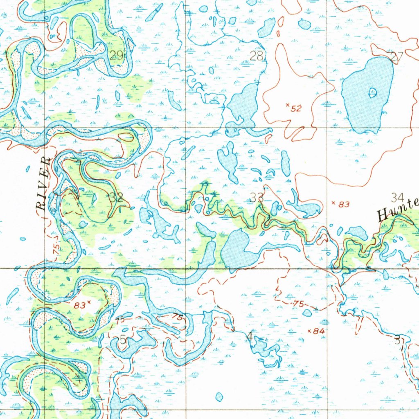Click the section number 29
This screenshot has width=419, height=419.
(117, 56)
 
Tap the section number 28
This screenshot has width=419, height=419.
(256, 56)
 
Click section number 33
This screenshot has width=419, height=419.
(257, 198)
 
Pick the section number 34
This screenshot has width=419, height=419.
(397, 198)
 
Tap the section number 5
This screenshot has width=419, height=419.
(123, 339)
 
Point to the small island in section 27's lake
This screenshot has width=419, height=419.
(372, 93)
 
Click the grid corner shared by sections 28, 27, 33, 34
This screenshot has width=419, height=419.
(327, 127)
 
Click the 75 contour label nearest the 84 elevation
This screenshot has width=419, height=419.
(298, 303)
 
